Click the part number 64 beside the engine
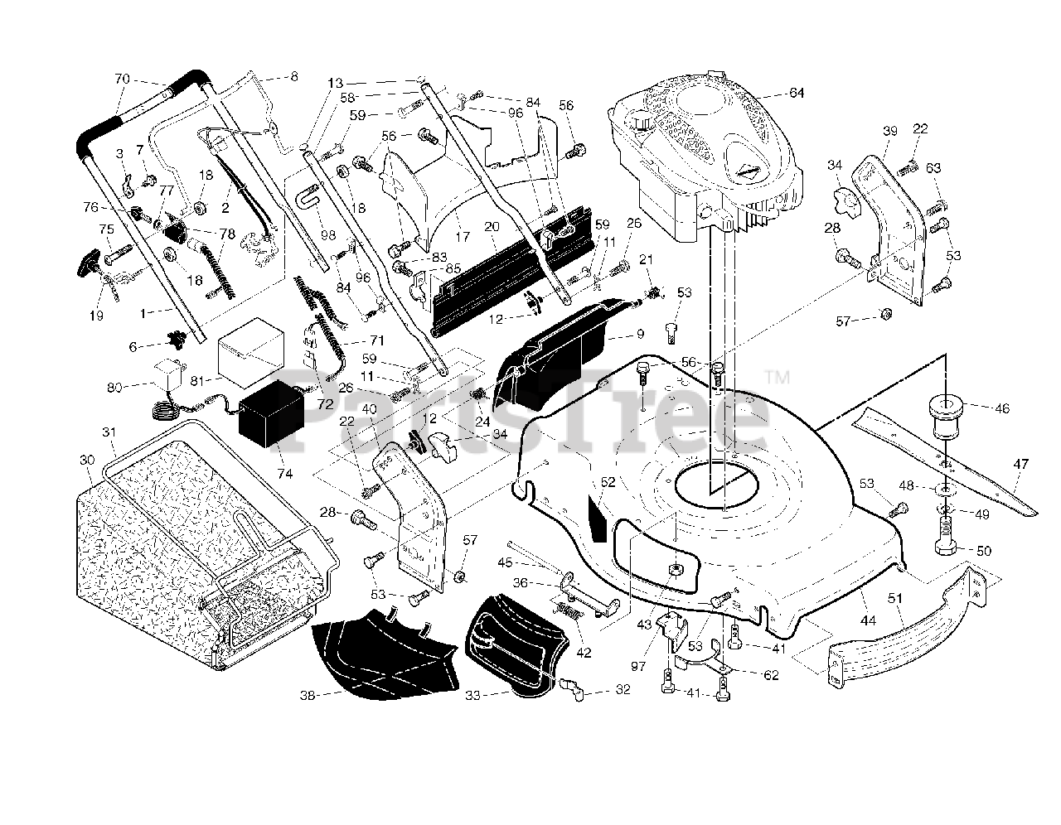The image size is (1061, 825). tap(797, 93)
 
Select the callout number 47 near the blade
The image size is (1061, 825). tap(1020, 464)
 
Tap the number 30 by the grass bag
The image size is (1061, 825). tap(87, 460)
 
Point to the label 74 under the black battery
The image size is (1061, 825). tap(284, 473)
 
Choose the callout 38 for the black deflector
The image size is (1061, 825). tap(308, 695)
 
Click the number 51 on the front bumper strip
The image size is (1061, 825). tap(895, 598)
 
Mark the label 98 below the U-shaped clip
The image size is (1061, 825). tap(328, 235)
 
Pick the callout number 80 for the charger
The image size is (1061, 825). tap(114, 388)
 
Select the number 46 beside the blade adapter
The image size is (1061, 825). tap(1002, 408)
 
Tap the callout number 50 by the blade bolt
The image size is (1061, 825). tap(984, 551)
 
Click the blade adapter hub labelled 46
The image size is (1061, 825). tap(946, 419)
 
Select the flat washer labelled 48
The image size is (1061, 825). tap(946, 488)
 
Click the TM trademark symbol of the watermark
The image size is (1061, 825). tap(777, 377)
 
